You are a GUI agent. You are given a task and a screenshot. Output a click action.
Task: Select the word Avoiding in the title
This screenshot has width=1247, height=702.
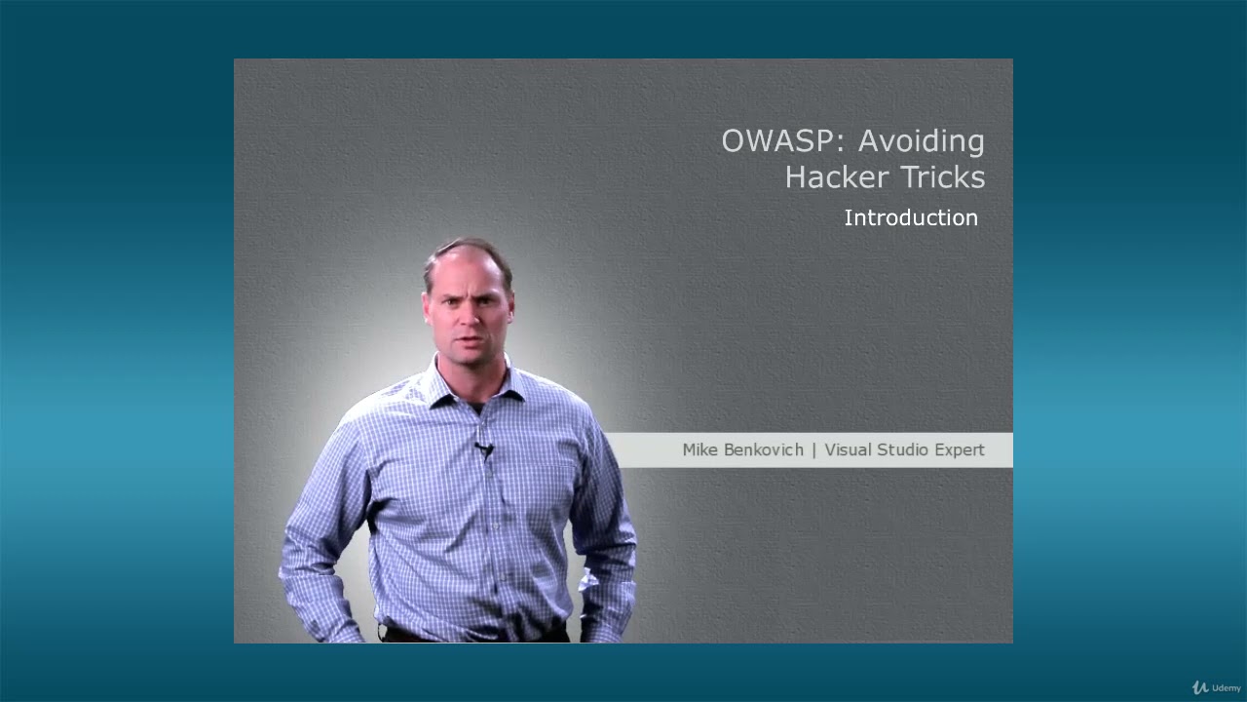coord(922,141)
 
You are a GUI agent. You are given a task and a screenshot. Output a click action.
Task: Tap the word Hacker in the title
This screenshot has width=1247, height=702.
coord(837,177)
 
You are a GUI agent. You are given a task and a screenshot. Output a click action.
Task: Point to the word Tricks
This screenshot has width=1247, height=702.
coord(943,177)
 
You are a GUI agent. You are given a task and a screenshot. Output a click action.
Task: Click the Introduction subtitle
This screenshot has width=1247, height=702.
coord(911,217)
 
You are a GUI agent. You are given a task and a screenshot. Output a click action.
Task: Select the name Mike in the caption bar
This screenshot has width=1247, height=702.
coord(700,449)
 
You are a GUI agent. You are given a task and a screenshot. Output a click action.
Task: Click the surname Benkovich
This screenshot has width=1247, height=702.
coord(764,449)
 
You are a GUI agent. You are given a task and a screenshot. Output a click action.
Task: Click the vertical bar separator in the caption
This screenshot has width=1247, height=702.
coord(814,450)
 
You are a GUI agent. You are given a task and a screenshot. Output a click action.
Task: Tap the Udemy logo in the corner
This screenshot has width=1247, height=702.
coord(1217,687)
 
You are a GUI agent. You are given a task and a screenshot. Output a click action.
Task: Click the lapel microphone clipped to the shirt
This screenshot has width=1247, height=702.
coord(484,448)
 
